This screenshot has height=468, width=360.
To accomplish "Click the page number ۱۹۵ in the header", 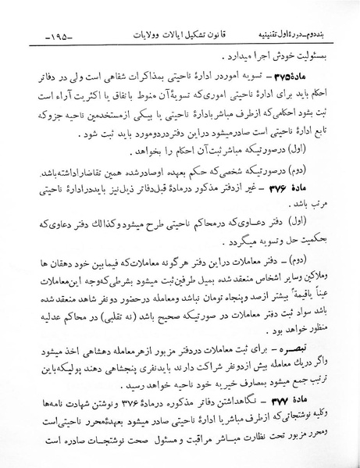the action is click(58, 38).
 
